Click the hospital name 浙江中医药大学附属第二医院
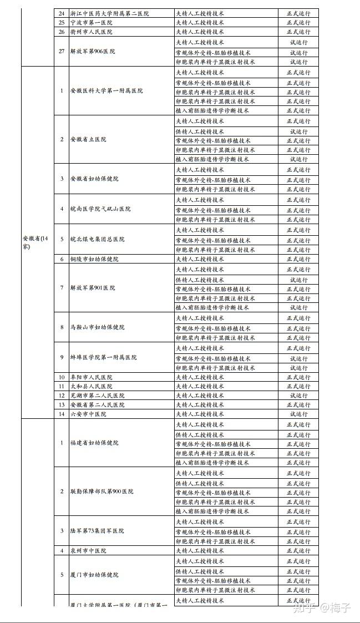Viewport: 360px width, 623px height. tap(109, 13)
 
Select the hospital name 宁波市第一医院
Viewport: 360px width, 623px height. tap(91, 23)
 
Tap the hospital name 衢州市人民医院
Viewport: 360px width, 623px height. tap(91, 32)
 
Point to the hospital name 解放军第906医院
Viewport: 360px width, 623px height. tap(93, 51)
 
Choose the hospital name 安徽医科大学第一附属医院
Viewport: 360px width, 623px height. tap(107, 90)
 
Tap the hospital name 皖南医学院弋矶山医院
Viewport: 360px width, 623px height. tap(100, 209)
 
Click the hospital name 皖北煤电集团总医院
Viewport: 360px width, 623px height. tap(98, 239)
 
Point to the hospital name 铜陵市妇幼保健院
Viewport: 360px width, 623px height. tap(94, 259)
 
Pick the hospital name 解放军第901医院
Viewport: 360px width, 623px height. tap(93, 288)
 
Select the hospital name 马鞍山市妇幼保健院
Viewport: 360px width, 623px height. tap(98, 327)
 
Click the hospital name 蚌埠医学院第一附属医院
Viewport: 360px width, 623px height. tap(104, 357)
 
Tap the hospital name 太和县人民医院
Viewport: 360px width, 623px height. tap(91, 386)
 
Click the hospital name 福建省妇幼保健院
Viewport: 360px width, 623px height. tap(94, 443)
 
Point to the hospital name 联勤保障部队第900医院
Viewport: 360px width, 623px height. tap(102, 492)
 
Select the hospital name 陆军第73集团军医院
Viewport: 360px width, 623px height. tap(97, 531)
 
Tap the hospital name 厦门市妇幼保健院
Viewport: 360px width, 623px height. tap(94, 575)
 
